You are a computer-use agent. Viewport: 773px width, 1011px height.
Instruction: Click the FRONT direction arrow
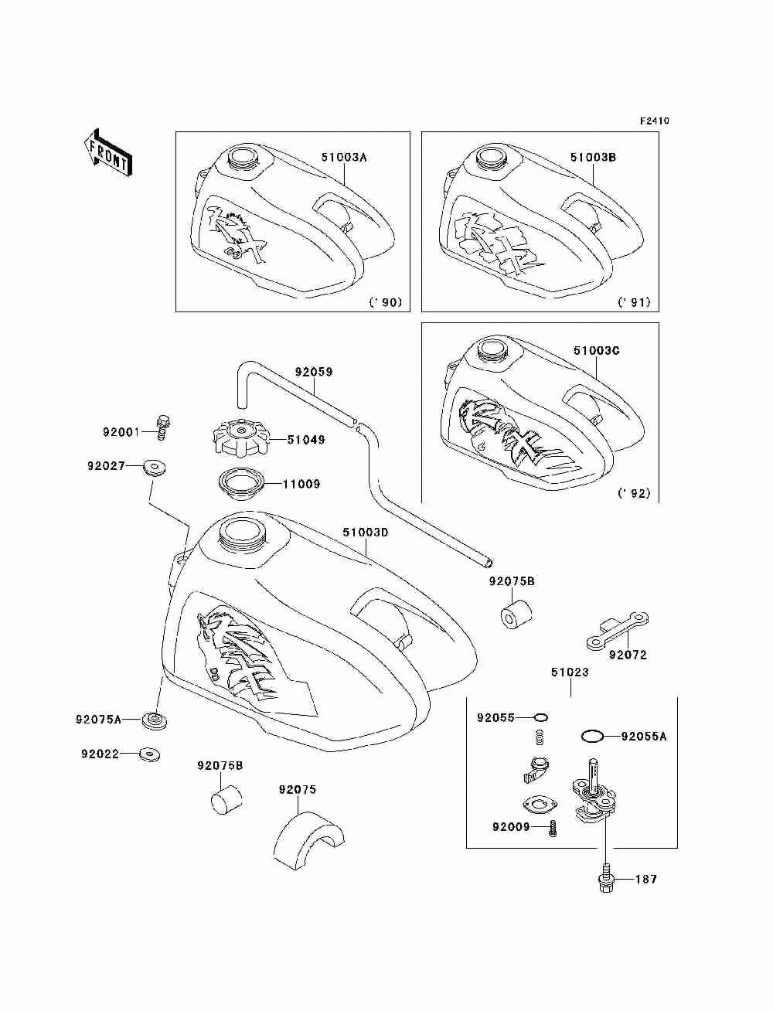[x=108, y=152]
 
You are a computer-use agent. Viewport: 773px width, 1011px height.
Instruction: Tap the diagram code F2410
[x=654, y=121]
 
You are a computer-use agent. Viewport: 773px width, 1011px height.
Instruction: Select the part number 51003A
[x=344, y=157]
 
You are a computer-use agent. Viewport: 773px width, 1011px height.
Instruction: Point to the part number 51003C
[x=596, y=350]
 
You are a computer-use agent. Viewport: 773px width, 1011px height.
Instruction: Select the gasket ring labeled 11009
[x=240, y=484]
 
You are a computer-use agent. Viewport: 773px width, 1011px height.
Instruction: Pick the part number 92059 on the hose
[x=314, y=372]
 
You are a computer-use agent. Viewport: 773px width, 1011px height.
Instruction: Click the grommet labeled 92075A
[x=155, y=720]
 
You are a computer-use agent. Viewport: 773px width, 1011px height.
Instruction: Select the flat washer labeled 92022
[x=150, y=754]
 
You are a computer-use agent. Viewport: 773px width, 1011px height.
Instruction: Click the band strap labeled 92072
[x=618, y=631]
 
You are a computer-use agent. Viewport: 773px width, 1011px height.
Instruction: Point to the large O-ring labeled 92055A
[x=591, y=737]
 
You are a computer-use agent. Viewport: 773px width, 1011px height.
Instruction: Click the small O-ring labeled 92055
[x=541, y=717]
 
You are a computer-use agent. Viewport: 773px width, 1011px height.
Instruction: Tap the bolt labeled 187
[x=606, y=880]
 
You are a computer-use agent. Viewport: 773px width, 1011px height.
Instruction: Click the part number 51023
[x=570, y=672]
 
